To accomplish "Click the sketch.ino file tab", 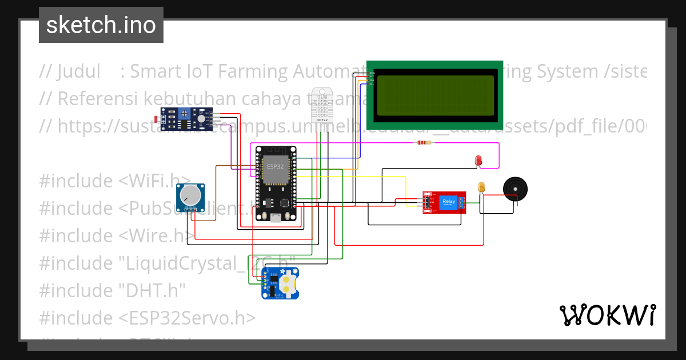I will [x=101, y=25].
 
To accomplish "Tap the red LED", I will [x=478, y=161].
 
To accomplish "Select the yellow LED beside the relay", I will [x=481, y=187].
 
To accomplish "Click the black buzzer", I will [x=515, y=189].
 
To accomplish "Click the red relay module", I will [x=444, y=202].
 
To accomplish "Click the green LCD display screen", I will [x=434, y=95].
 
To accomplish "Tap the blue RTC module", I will [x=280, y=283].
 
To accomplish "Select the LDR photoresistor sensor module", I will [x=186, y=118].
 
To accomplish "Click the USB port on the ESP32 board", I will [x=276, y=217].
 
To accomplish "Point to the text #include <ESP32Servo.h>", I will [x=147, y=318].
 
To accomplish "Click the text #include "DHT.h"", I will [x=113, y=290].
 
